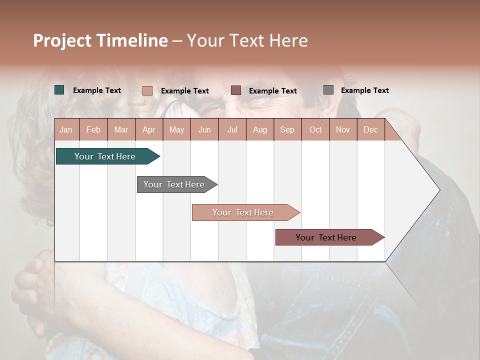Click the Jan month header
pos(66,130)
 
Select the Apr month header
pos(148,130)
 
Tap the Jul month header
pos(232,130)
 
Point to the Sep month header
pos(287,130)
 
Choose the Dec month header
pos(370,130)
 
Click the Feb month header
pos(93,130)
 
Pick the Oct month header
pos(315,130)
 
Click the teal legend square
pos(59,90)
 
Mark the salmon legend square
pos(147,90)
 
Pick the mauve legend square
pos(236,90)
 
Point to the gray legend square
pos(328,90)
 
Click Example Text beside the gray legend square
pos(364,90)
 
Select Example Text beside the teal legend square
pos(97,90)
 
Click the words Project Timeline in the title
pos(100,40)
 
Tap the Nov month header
pos(343,130)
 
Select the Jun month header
pos(204,130)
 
